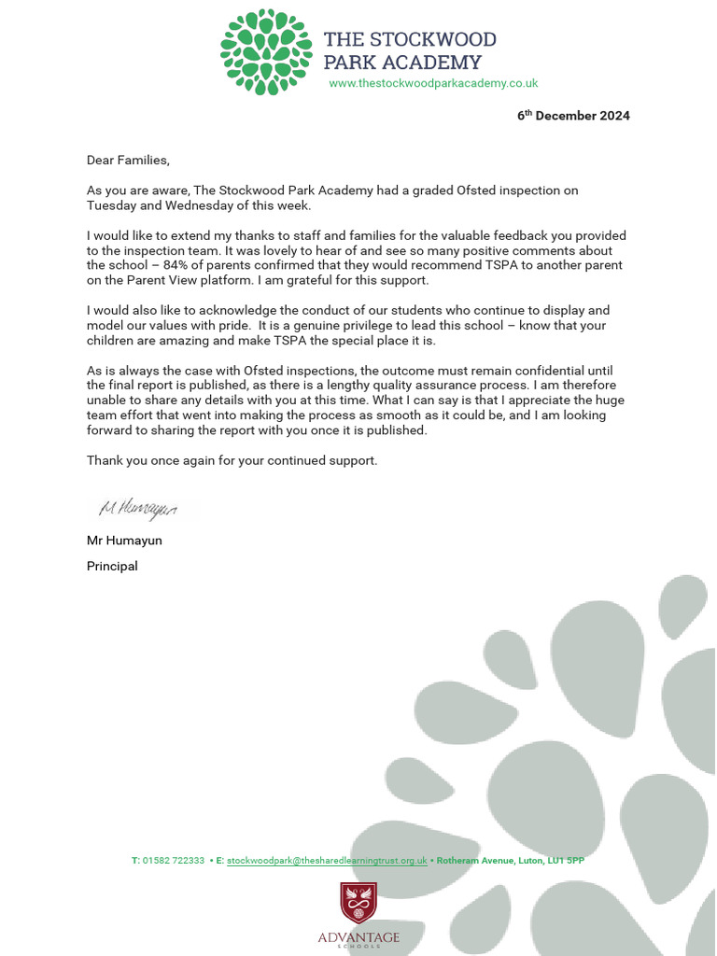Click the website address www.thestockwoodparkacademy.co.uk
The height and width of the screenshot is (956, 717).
pyautogui.click(x=433, y=83)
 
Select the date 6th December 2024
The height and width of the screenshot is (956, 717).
pyautogui.click(x=573, y=116)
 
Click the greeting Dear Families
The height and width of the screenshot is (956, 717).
pyautogui.click(x=129, y=160)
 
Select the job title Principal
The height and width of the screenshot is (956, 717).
pyautogui.click(x=112, y=566)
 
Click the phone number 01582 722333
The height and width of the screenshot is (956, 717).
pyautogui.click(x=174, y=861)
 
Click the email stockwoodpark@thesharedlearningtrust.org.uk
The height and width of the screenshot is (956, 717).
pyautogui.click(x=327, y=861)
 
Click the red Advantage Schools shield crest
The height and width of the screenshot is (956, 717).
pyautogui.click(x=358, y=903)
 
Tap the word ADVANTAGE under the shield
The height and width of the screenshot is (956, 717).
pyautogui.click(x=358, y=936)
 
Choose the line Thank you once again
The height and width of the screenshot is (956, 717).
pyautogui.click(x=232, y=460)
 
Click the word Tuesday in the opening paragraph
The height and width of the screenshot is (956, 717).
pyautogui.click(x=112, y=205)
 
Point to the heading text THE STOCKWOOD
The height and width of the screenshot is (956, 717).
pyautogui.click(x=410, y=39)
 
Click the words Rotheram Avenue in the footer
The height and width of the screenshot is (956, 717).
pyautogui.click(x=478, y=861)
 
